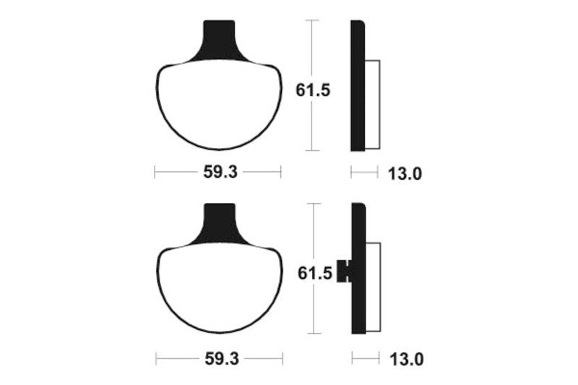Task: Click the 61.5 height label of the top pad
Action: pos(313,92)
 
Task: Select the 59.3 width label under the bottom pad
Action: pos(218,358)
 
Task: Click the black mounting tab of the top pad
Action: pos(220,38)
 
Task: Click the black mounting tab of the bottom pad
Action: pos(220,220)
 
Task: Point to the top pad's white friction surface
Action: pos(219,105)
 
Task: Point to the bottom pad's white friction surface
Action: pos(219,289)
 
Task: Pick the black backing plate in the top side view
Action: pos(357,87)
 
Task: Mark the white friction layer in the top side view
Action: pos(372,105)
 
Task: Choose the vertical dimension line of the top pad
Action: pos(312,43)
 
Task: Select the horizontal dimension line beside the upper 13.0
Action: pos(365,172)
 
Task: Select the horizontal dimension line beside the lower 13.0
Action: pos(366,358)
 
